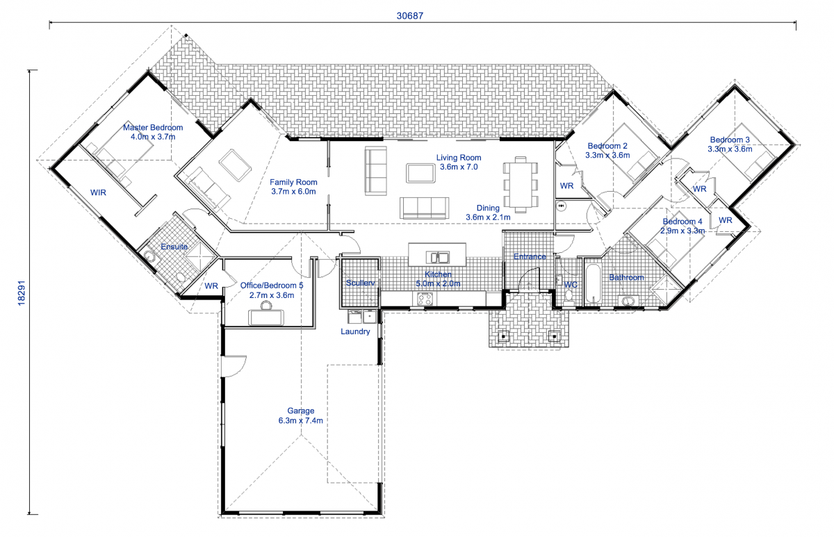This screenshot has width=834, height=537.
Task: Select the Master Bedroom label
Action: [x=153, y=132]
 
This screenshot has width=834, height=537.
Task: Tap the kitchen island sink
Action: [x=438, y=254]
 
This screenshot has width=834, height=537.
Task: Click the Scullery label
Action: [x=360, y=283]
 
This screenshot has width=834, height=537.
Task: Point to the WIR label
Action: [x=98, y=193]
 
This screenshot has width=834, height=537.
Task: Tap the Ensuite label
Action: [x=174, y=247]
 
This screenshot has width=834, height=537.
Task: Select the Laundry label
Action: [x=355, y=332]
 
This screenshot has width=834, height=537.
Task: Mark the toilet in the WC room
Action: [x=569, y=295]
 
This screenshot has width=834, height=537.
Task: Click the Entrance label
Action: [x=530, y=257]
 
